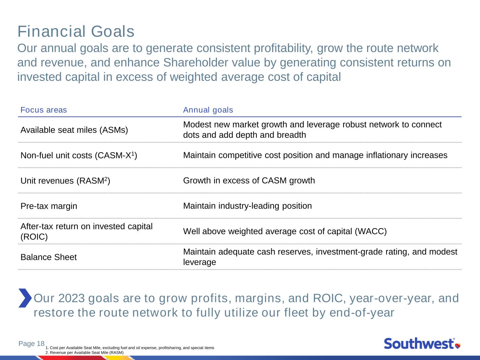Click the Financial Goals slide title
pos(76,32)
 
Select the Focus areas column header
pos(44,110)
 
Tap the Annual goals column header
pos(208,110)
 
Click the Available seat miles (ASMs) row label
pos(74,130)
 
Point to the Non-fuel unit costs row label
pos(79,155)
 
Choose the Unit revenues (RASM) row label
pos(65,181)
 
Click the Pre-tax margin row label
pos(49,206)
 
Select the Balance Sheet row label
pos(49,257)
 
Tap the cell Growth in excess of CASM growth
pos(249,181)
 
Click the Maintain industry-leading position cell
pos(247,206)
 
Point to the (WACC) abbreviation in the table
pos(371,231)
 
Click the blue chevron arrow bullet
pos(25,298)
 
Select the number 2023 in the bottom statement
pos(71,298)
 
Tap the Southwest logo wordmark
pos(419,343)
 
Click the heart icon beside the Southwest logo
pos(457,346)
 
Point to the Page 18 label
pos(31,343)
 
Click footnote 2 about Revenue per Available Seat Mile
pos(84,353)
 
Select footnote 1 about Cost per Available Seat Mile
pos(130,348)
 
